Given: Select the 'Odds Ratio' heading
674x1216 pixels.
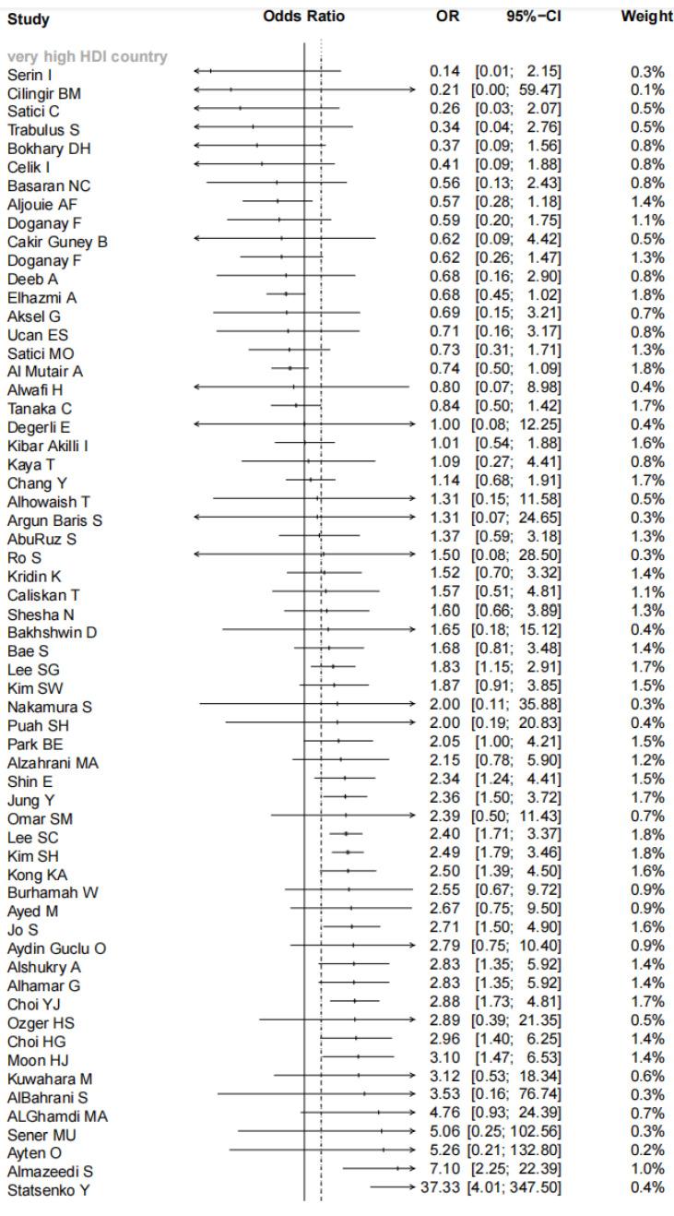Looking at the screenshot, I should pos(303,18).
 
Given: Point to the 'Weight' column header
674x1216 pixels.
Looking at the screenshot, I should pos(646,18).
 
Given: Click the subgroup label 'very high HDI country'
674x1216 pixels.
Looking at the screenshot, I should pos(88,57).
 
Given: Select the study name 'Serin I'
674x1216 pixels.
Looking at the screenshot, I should pos(30,74).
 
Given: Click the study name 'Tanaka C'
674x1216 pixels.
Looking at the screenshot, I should pos(39,408).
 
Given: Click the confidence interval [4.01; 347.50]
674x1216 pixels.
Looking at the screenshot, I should pos(517,1186).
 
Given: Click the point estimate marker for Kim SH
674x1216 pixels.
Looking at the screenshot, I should pos(348,852).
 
